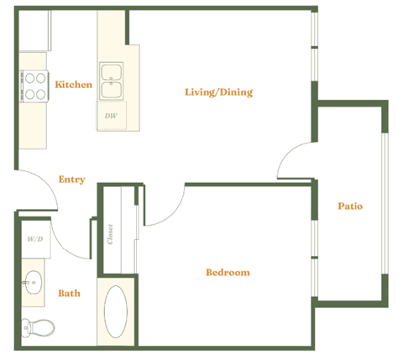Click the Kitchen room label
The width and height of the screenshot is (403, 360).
click(73, 85)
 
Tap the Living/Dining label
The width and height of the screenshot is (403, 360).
click(218, 91)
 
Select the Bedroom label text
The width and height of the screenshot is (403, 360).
click(228, 273)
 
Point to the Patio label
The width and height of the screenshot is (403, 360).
click(350, 206)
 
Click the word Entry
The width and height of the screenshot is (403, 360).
click(71, 179)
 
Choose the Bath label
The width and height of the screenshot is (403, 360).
click(69, 293)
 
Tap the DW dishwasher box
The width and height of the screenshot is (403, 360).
click(111, 116)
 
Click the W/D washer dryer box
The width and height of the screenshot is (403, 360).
click(34, 239)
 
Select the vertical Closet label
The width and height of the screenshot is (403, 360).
click(111, 236)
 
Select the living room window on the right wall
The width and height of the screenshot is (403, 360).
click(316, 46)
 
